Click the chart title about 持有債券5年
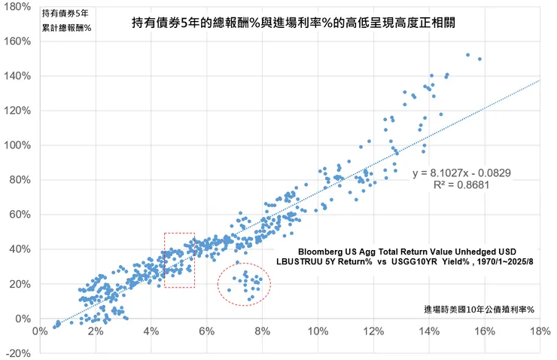coord(294,23)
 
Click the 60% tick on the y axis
coord(17,215)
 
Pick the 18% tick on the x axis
coord(540,331)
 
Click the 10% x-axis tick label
coord(318,331)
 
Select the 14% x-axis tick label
coord(428,331)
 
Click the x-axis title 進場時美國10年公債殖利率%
coord(478,309)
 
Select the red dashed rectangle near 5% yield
coord(179,260)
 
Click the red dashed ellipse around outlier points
coord(244,284)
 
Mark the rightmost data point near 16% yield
coord(479,59)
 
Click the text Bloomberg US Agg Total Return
coord(407,251)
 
